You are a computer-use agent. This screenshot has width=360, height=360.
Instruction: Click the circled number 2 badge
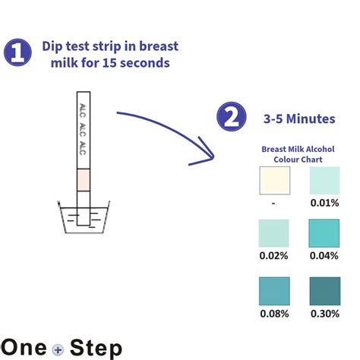pos(232,118)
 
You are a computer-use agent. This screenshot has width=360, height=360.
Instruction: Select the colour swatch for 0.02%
pos(274,232)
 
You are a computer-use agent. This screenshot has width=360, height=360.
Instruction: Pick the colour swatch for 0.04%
pos(324,232)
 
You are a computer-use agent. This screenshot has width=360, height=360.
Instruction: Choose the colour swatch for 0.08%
pos(274,291)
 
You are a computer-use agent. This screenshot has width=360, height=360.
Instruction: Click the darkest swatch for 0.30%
pos(324,291)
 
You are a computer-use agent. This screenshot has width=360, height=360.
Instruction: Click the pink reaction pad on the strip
pos(84,179)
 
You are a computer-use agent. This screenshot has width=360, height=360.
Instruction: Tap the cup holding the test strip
pos(84,220)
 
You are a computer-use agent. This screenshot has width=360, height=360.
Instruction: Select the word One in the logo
pos(25,347)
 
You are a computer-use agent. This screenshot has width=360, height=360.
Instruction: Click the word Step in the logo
pos(93,347)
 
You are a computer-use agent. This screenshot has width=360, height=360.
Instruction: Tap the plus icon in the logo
pos(57,349)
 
